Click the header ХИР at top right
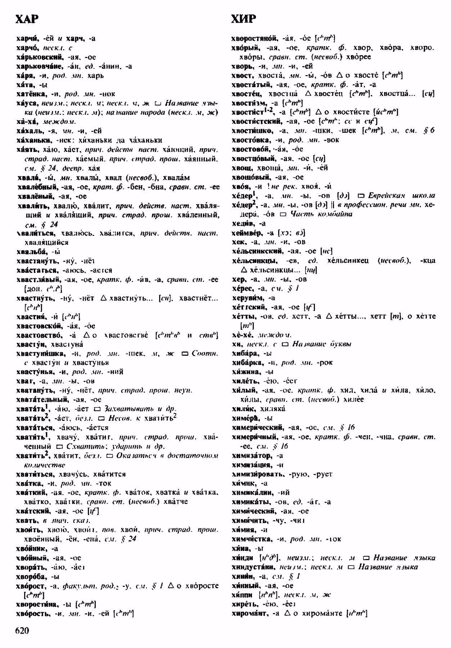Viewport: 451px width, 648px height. [x=244, y=19]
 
